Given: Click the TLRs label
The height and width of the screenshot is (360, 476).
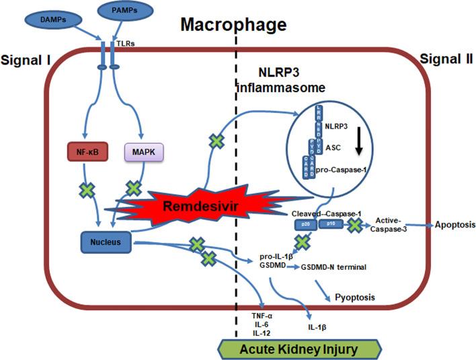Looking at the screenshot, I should click(x=126, y=43).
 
